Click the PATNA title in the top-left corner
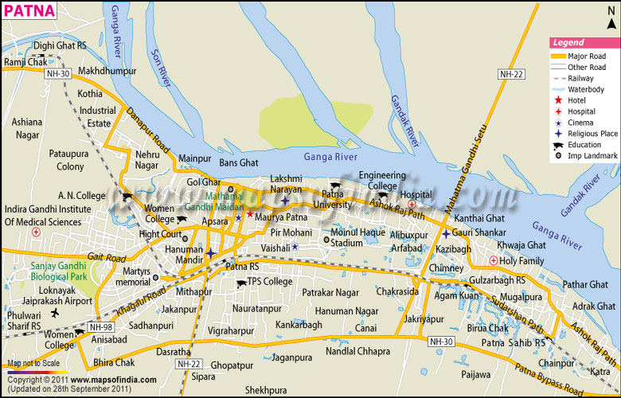pyautogui.click(x=29, y=11)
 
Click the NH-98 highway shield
pyautogui.click(x=101, y=327)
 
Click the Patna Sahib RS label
pyautogui.click(x=514, y=342)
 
